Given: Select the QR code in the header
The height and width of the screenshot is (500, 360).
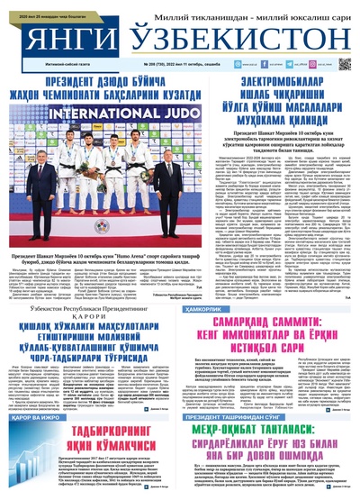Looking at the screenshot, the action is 344,65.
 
